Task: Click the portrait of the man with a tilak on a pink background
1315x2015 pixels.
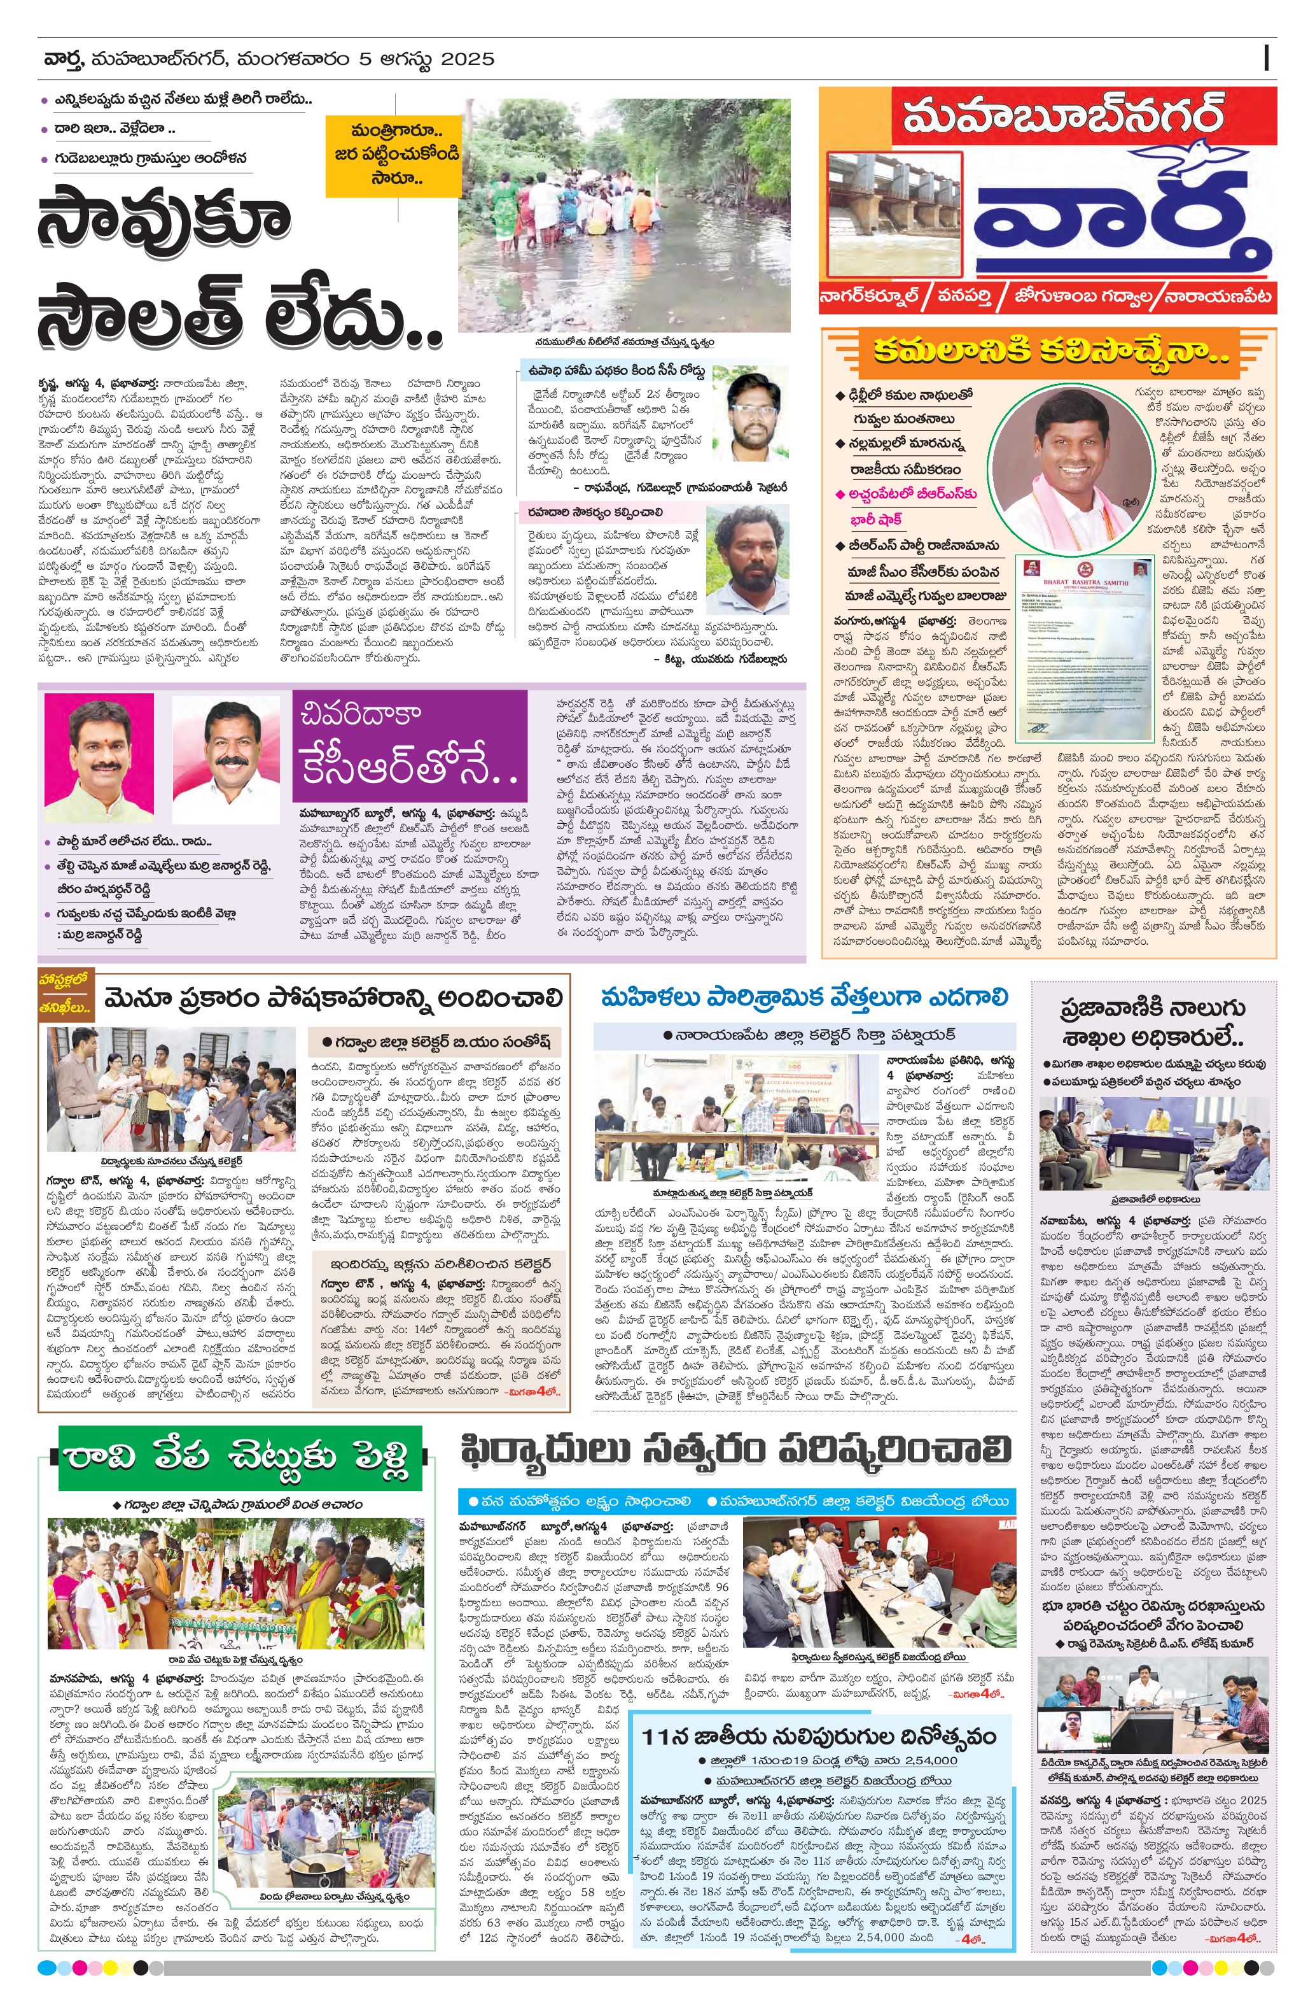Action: pos(99,759)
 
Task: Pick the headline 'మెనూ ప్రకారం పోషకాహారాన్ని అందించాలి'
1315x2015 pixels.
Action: pos(333,999)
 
